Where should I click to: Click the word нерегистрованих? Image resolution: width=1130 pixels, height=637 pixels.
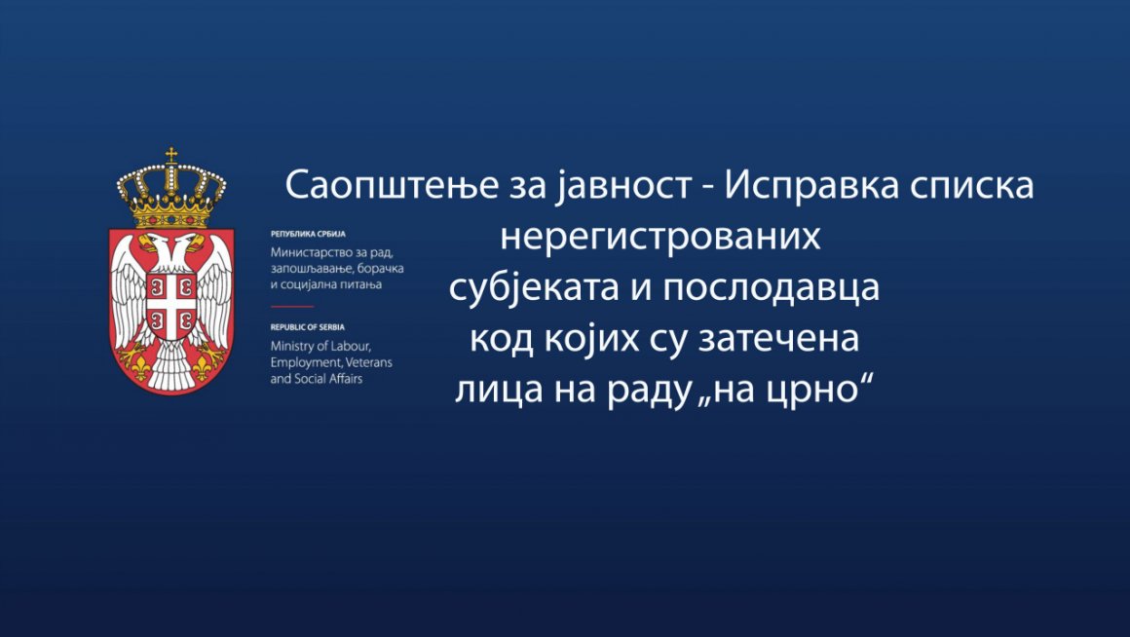[660, 236]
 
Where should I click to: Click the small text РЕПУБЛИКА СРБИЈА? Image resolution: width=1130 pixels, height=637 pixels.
[308, 234]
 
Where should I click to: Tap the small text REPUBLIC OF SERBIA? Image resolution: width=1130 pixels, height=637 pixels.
[308, 327]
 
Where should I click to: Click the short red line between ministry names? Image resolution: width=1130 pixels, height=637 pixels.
[292, 306]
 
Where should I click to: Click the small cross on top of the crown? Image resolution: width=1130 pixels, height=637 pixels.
[171, 155]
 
